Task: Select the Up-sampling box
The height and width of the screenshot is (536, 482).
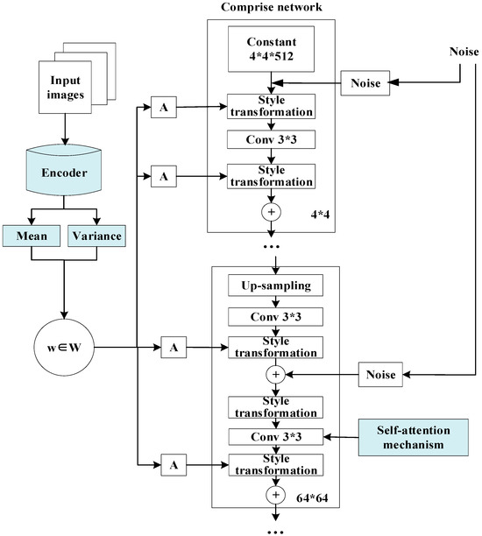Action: click(x=271, y=286)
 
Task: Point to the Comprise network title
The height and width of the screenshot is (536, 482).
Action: click(x=271, y=7)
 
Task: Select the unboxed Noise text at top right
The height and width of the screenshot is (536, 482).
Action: click(x=463, y=51)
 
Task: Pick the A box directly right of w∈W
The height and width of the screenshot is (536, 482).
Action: click(x=174, y=348)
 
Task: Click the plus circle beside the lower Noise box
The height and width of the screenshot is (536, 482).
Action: click(x=271, y=375)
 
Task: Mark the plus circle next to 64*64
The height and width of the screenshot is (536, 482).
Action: click(x=271, y=495)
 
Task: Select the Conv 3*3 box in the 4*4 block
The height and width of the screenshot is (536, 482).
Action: click(x=271, y=138)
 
